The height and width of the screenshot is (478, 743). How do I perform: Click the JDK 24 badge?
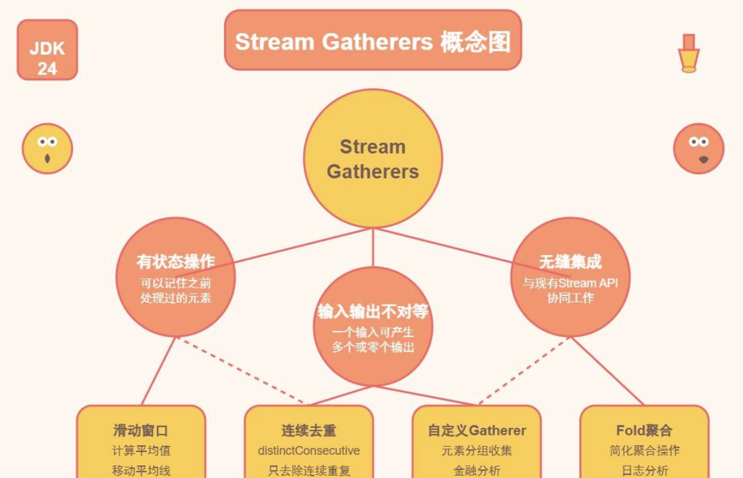coord(47,50)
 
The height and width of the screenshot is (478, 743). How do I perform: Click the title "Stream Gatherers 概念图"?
coord(372,41)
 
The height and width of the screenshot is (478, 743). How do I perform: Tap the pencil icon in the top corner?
coord(689,54)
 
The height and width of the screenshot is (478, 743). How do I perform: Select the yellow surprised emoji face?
coord(47,148)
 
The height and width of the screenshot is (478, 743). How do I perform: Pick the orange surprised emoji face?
coord(698,148)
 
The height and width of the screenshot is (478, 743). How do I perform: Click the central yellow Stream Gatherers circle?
coord(373,159)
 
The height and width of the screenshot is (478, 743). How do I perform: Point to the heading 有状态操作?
coord(175,262)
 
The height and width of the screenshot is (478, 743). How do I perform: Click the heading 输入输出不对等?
coord(373,311)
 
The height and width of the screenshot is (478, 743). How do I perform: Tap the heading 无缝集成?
coord(570,262)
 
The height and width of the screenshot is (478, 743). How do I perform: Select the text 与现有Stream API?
coord(570,283)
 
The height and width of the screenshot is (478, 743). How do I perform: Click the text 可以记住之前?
coord(175,283)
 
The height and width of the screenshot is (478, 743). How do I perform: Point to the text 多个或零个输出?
coord(373,347)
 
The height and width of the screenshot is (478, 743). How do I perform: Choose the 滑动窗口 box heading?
coord(140,431)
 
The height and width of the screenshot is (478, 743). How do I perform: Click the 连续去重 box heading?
coord(308,431)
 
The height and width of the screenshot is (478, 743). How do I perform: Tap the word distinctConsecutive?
coord(308,451)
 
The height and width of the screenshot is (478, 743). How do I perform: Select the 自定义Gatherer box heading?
coord(477,431)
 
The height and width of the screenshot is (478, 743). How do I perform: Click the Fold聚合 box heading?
coord(644,431)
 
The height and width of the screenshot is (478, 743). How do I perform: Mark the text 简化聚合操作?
coord(644,451)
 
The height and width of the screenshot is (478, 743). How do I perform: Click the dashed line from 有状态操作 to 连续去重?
coord(242,369)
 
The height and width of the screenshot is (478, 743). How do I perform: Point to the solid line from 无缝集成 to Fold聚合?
coord(606,370)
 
